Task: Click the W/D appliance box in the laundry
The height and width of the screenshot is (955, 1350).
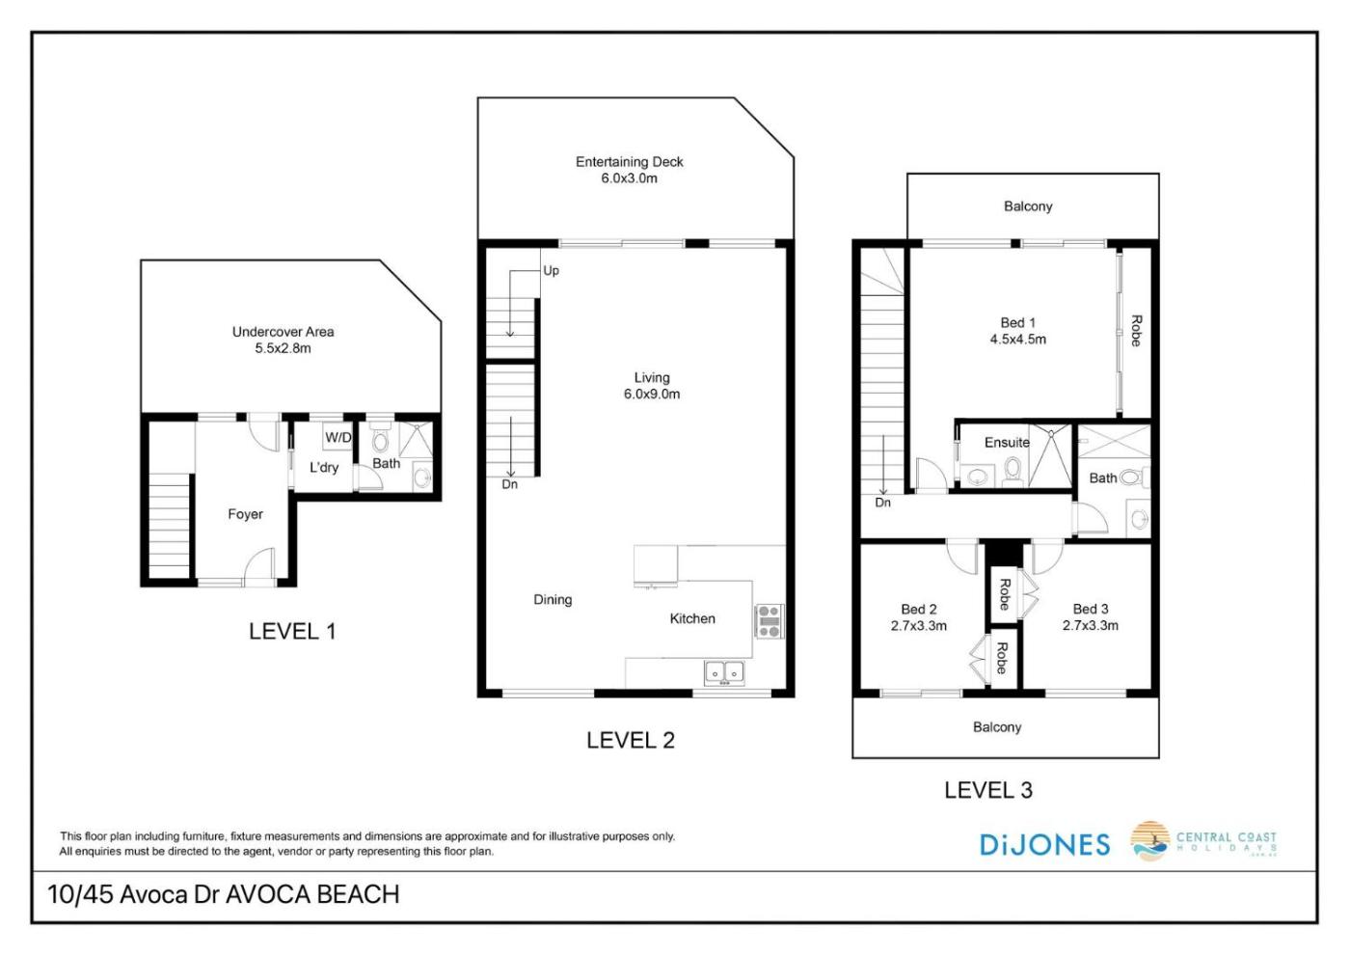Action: tap(337, 437)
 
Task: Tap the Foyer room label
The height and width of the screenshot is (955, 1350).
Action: tap(245, 514)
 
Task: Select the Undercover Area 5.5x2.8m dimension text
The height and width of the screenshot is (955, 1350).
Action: tap(283, 348)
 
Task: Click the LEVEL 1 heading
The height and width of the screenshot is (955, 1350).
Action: tap(292, 631)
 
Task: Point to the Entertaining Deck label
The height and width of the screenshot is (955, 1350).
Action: tap(629, 162)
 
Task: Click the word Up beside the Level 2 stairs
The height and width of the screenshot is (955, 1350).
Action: tap(551, 271)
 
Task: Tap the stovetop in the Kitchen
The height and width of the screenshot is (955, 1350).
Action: tap(769, 621)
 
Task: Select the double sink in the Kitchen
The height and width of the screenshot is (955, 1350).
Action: tap(724, 673)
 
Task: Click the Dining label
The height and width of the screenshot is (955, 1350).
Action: tap(553, 600)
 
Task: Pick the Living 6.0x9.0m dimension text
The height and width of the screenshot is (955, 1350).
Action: tap(652, 395)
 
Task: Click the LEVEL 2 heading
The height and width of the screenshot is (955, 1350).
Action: tap(631, 740)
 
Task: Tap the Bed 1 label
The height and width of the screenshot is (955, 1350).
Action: tap(1018, 323)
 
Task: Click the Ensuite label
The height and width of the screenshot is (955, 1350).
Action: tap(1007, 443)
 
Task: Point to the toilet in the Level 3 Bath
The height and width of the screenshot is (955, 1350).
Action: tap(1137, 478)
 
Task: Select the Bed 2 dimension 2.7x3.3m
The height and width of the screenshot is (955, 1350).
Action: tap(918, 626)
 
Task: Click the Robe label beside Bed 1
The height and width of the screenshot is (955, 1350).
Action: tap(1136, 331)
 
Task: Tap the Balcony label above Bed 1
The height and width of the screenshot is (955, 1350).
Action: tap(1028, 206)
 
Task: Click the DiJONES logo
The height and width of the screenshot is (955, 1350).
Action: tap(1044, 845)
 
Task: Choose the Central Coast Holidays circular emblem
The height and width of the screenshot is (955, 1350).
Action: tap(1149, 840)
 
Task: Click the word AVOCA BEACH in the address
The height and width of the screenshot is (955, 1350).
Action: tap(312, 894)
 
